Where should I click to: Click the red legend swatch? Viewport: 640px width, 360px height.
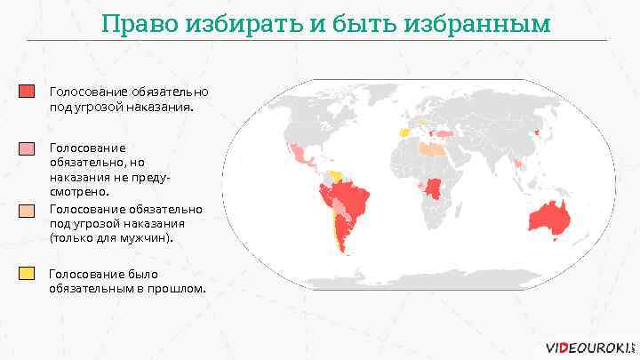click(28, 92)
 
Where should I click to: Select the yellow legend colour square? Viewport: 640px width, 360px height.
click(28, 273)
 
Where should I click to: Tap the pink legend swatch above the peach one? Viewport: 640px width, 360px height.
click(28, 148)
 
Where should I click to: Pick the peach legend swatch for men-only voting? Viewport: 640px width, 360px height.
click(28, 210)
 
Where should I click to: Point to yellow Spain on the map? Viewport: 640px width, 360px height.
click(405, 132)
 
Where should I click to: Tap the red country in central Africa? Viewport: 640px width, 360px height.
click(435, 188)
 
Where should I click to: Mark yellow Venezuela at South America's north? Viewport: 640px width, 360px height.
click(336, 175)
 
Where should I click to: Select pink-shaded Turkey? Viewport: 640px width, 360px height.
click(444, 134)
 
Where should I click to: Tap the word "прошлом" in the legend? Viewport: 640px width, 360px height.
click(177, 289)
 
